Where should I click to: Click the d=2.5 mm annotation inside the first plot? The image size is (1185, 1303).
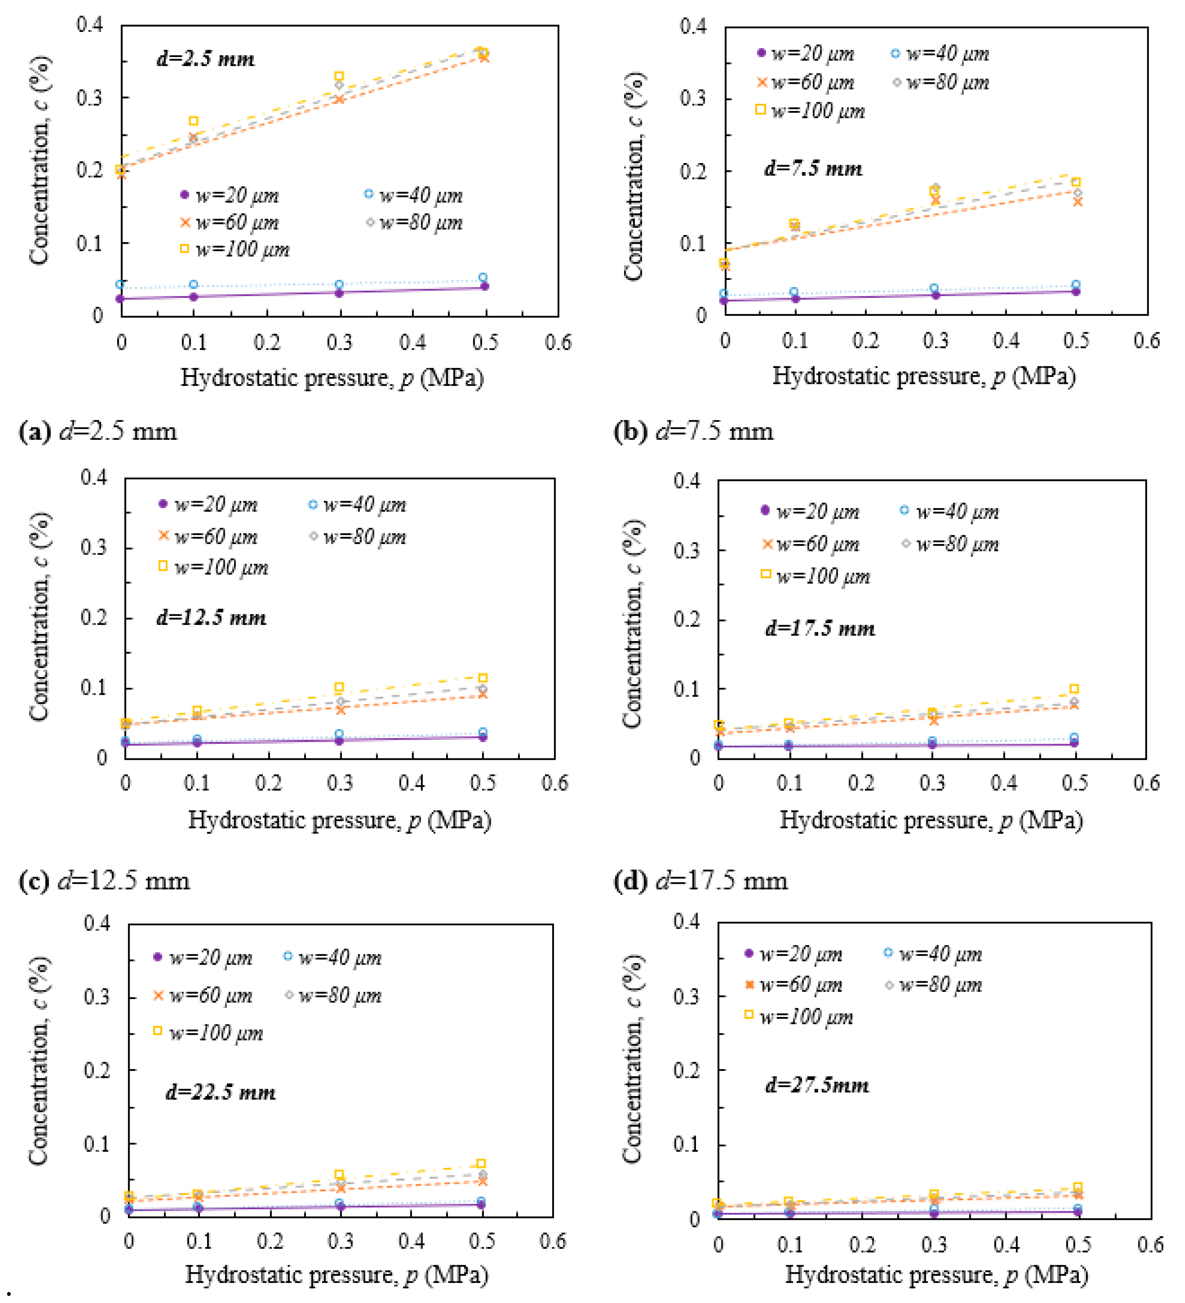click(206, 60)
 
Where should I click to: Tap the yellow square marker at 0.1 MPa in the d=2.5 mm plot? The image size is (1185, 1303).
click(193, 121)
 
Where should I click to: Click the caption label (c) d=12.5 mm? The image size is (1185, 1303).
click(105, 881)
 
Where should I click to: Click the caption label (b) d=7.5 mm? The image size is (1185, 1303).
click(693, 431)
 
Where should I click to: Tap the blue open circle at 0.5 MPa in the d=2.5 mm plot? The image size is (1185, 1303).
click(482, 277)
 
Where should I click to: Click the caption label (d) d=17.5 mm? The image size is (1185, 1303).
click(700, 881)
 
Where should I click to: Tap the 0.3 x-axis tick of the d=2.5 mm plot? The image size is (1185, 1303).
click(339, 342)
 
